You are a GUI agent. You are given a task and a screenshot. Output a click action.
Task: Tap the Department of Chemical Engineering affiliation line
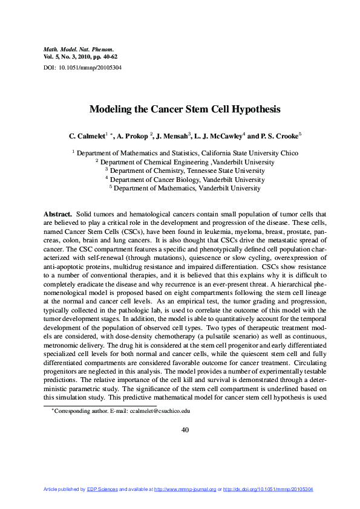[185, 162]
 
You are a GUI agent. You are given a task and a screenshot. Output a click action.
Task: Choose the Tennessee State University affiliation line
[185, 170]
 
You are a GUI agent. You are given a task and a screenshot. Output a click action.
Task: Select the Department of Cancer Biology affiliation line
[185, 179]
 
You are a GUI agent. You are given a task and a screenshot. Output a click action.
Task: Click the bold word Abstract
[57, 214]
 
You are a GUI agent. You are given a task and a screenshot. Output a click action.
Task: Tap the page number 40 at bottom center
[185, 430]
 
